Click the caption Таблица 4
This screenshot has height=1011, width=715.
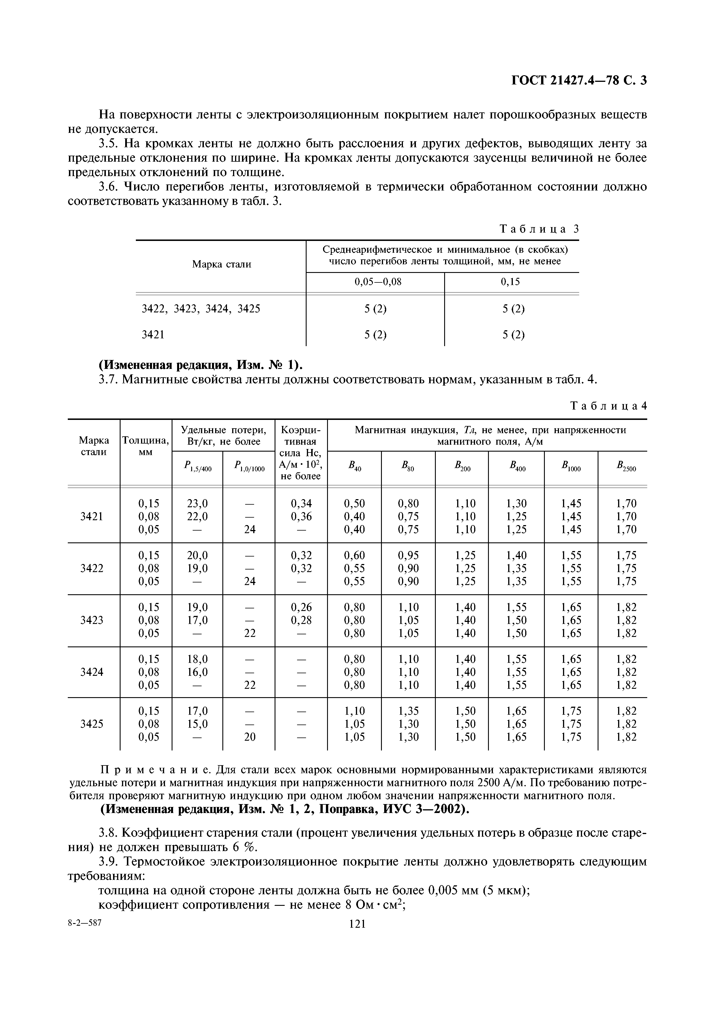(x=608, y=406)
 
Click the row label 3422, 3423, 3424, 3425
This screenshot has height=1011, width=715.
(x=201, y=309)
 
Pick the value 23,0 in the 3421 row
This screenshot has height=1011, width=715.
(x=197, y=503)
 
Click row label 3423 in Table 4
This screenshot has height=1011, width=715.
(x=92, y=620)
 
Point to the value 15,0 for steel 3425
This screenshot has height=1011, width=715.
(x=197, y=724)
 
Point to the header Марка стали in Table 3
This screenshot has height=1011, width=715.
(x=222, y=264)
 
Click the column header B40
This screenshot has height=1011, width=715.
(x=354, y=466)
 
